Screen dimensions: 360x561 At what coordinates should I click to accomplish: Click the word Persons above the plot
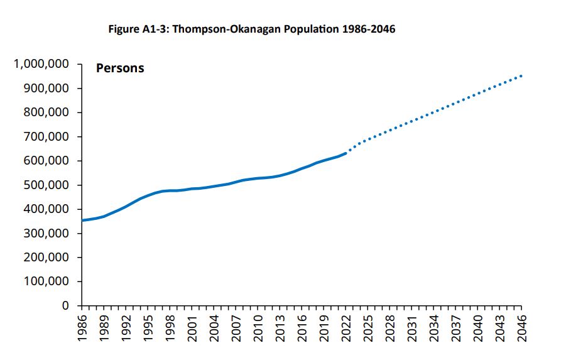tap(120, 68)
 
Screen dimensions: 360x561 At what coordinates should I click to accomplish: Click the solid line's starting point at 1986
tap(82, 221)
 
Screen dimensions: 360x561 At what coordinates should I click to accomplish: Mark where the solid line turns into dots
tap(346, 153)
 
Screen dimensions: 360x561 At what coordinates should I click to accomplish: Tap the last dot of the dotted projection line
tap(521, 76)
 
